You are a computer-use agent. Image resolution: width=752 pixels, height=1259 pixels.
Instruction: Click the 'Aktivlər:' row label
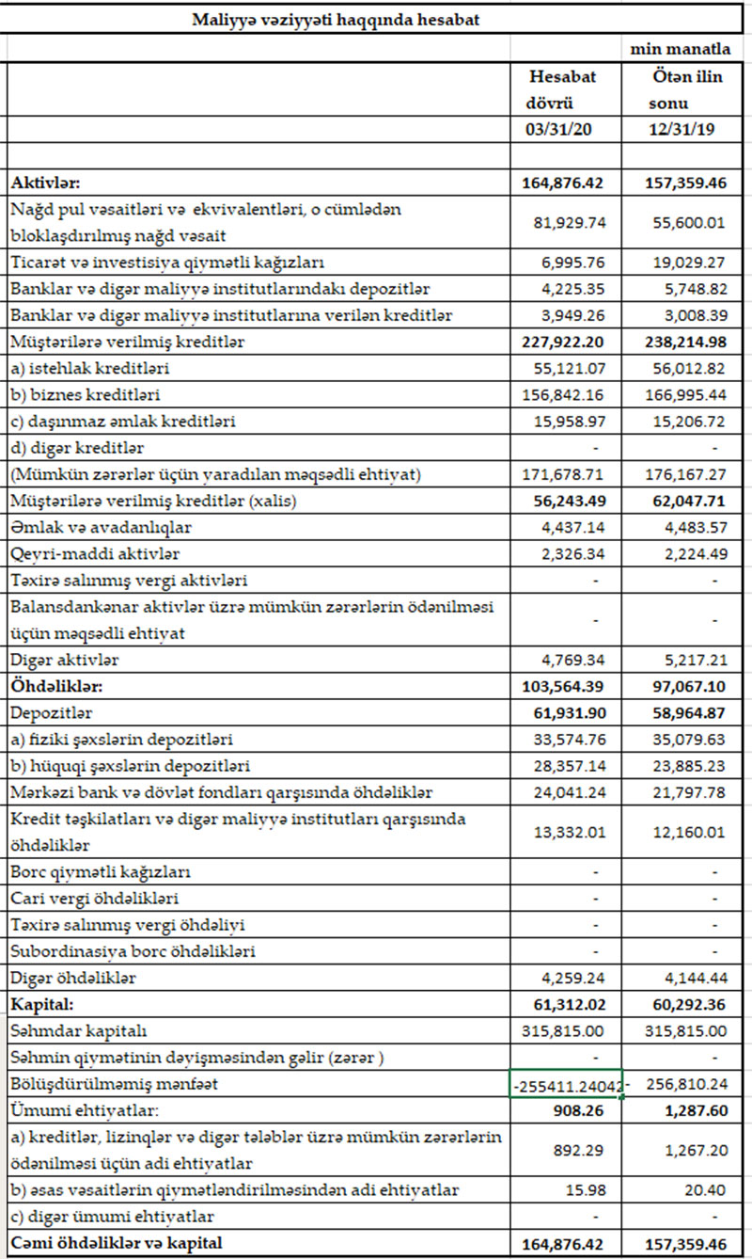[x=45, y=183]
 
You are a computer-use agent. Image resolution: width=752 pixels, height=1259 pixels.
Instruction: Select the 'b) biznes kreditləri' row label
[x=80, y=395]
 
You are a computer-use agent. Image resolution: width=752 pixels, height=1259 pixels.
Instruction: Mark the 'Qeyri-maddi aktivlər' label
[x=95, y=554]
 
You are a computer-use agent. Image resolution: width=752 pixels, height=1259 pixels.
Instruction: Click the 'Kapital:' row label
[x=41, y=1005]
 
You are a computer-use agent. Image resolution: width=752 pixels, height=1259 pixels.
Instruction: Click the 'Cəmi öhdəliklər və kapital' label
[x=117, y=1244]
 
